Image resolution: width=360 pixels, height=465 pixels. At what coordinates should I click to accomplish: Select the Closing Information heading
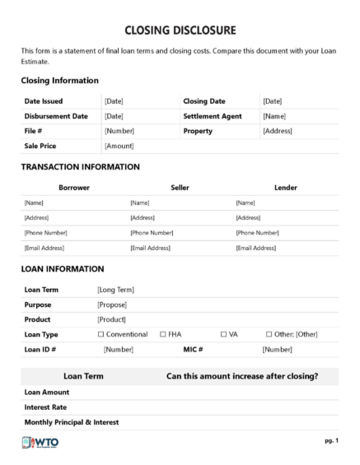click(59, 81)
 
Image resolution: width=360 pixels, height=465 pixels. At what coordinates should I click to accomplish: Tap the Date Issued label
click(44, 101)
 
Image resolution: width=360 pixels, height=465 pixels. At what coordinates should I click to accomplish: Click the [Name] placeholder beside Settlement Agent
click(274, 116)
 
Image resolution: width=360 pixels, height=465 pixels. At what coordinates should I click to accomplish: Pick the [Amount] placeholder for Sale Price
click(119, 146)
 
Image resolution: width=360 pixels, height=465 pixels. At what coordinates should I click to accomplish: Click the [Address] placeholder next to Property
click(278, 131)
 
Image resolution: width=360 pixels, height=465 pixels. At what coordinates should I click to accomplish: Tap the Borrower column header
click(73, 188)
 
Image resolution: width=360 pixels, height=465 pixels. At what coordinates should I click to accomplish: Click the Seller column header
click(180, 188)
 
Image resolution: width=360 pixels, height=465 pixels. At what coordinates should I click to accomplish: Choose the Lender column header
click(286, 188)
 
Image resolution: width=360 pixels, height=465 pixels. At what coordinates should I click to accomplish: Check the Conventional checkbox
click(101, 334)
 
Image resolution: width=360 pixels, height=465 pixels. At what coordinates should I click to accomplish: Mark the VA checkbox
click(223, 334)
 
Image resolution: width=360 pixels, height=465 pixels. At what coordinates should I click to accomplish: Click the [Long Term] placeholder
click(115, 290)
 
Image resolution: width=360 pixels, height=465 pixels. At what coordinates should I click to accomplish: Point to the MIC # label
click(194, 349)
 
